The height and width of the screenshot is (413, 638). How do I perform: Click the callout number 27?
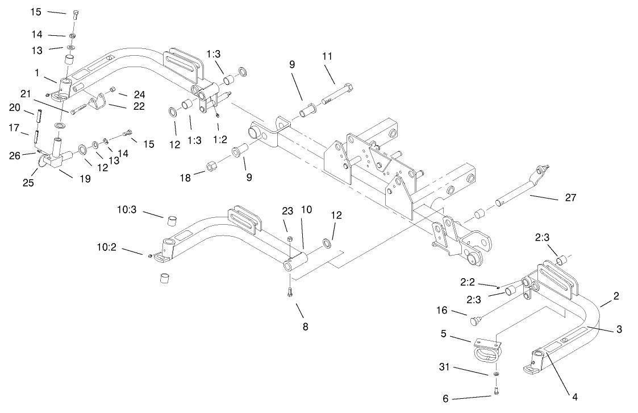click(x=570, y=197)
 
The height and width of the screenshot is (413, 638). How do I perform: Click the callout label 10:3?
click(x=127, y=210)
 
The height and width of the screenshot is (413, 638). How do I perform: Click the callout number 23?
click(x=288, y=211)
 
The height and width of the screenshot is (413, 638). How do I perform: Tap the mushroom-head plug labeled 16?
click(x=476, y=321)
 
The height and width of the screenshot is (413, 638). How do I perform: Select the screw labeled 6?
click(x=497, y=390)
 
